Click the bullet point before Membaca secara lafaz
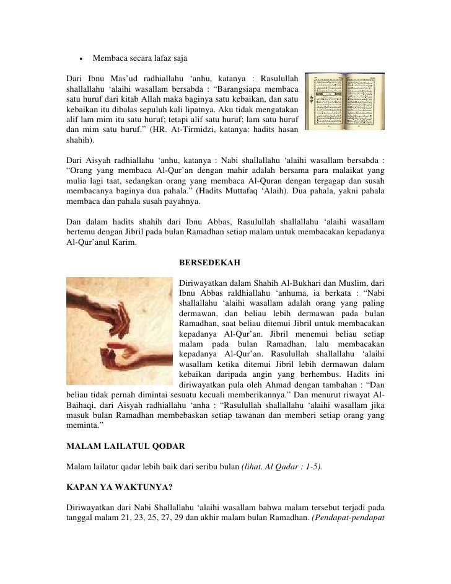point(81,59)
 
